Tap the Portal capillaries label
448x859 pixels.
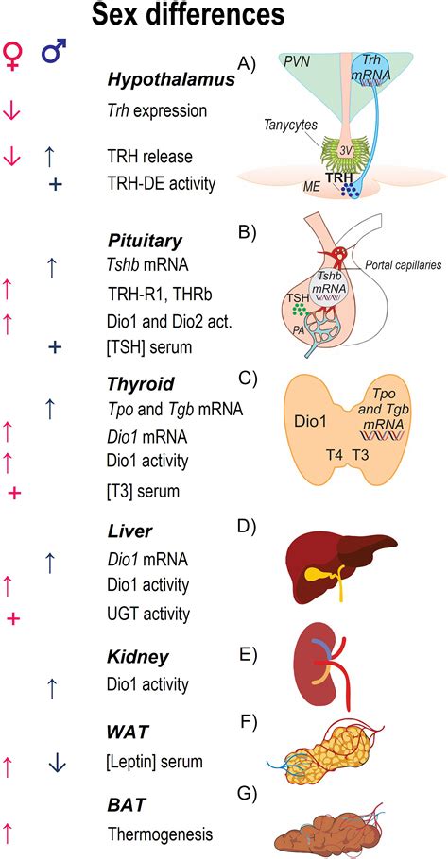(399, 266)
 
